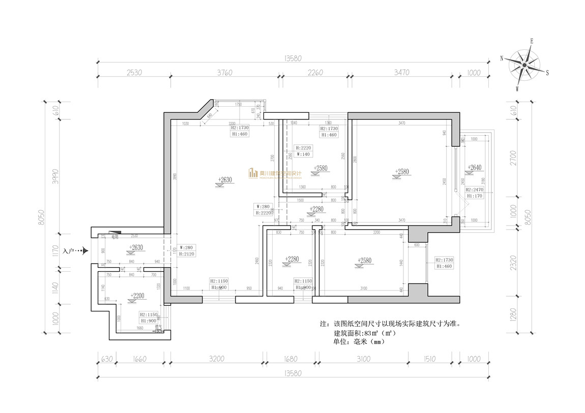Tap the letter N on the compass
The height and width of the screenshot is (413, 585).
502,58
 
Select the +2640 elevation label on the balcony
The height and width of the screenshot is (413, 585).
474,168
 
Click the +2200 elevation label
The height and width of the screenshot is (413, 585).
137,296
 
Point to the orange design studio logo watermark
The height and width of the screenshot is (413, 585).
275,173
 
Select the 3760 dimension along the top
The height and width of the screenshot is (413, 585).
224,73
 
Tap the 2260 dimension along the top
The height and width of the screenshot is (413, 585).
315,73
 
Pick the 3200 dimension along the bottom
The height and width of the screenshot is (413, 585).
216,359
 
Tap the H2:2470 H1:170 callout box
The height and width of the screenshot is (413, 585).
475,193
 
